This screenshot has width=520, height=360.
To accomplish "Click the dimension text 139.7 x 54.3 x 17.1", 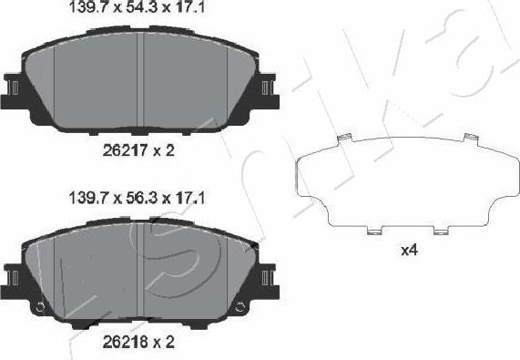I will point(139,11).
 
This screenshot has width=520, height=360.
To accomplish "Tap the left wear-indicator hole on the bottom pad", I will point(40,306).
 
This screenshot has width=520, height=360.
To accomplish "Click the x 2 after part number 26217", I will point(164,150).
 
